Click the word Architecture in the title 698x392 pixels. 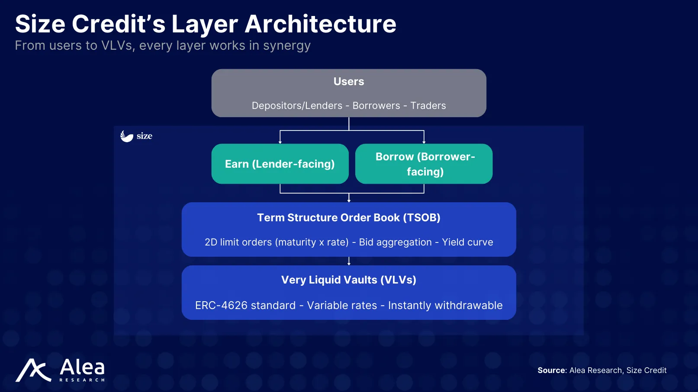click(320, 24)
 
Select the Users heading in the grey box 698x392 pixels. click(349, 82)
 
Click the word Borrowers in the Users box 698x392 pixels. click(376, 106)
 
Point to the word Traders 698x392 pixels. click(428, 106)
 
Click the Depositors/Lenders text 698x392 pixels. click(297, 106)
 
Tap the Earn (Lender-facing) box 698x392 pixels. click(280, 164)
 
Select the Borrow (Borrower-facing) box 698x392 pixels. click(424, 164)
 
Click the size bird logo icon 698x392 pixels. click(126, 136)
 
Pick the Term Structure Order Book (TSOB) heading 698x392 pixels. click(349, 217)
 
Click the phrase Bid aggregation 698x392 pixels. click(395, 242)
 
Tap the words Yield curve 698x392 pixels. click(467, 242)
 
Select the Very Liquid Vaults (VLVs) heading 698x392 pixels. click(349, 280)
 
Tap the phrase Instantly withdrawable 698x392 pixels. click(445, 306)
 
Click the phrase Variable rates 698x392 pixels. click(342, 306)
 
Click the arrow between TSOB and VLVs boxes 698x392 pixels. click(349, 261)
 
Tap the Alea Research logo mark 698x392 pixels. click(33, 370)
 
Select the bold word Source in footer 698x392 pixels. click(551, 370)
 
